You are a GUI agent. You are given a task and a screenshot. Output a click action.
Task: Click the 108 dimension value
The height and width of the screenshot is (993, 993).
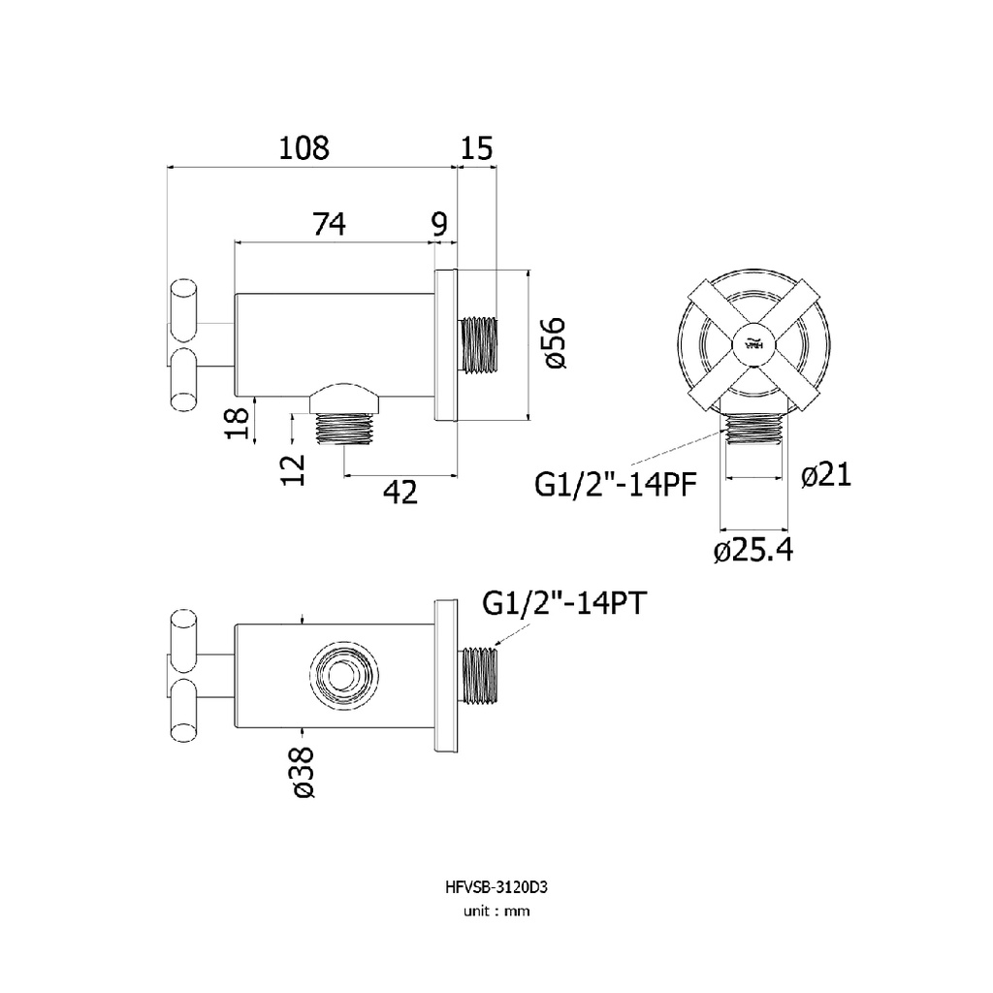(304, 147)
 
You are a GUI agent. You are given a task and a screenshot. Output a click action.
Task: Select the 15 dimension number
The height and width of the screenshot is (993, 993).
(476, 148)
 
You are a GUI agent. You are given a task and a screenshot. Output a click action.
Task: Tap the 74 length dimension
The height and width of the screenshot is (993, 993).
(330, 224)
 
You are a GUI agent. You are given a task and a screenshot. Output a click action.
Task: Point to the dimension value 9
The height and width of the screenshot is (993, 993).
(439, 224)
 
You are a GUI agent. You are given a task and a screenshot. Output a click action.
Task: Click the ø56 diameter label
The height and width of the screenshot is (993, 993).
(554, 342)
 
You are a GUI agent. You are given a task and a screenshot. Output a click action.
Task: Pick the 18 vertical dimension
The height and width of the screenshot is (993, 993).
(238, 423)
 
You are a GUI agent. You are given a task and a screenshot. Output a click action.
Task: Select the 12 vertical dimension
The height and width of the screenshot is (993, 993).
(293, 469)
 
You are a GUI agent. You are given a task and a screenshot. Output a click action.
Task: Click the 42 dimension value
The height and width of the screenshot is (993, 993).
(400, 492)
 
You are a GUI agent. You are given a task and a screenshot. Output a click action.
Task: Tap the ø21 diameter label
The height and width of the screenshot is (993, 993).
(826, 474)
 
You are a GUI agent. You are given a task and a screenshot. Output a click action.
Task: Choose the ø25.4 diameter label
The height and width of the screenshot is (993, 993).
(753, 550)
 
